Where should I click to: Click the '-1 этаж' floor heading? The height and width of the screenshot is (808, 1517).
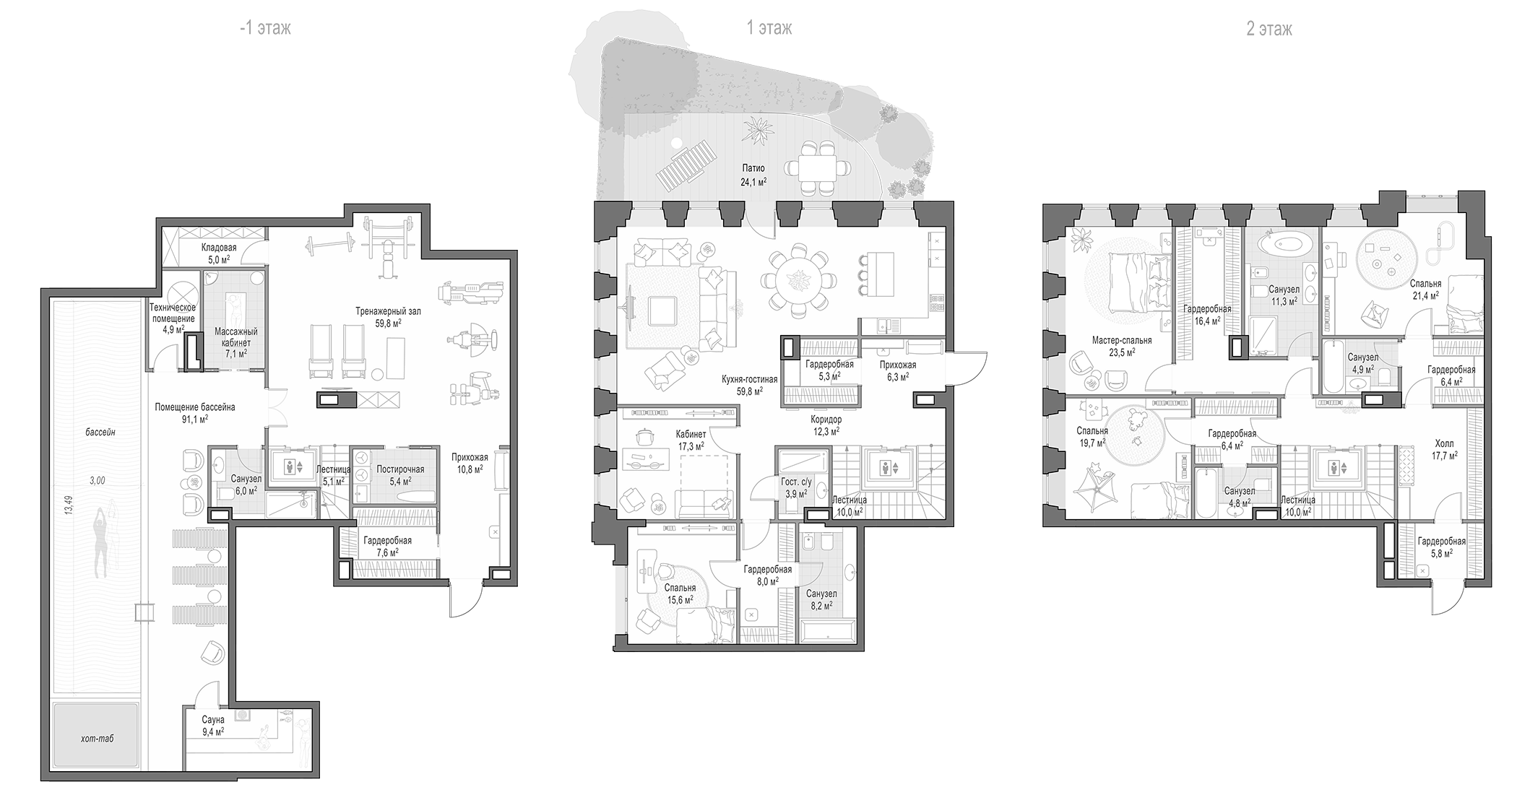point(266,29)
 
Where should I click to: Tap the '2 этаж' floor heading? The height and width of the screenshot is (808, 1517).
point(1269,29)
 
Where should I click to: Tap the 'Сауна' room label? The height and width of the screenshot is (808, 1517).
point(213,720)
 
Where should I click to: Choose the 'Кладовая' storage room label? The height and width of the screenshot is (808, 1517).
point(219,248)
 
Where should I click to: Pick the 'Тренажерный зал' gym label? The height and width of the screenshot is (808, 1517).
point(388,311)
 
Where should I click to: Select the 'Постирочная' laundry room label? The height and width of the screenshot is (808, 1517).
point(400,469)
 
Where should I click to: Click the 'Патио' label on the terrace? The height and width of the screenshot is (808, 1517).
point(753,168)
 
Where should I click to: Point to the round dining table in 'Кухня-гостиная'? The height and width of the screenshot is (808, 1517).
point(798,281)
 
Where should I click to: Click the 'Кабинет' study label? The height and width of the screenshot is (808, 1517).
point(691,435)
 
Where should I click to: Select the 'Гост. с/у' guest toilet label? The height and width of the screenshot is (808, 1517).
point(796,482)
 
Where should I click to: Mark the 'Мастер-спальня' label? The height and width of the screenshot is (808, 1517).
point(1122,340)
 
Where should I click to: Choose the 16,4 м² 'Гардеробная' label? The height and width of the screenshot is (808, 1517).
point(1207,309)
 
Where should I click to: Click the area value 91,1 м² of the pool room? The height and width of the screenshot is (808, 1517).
point(194,418)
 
